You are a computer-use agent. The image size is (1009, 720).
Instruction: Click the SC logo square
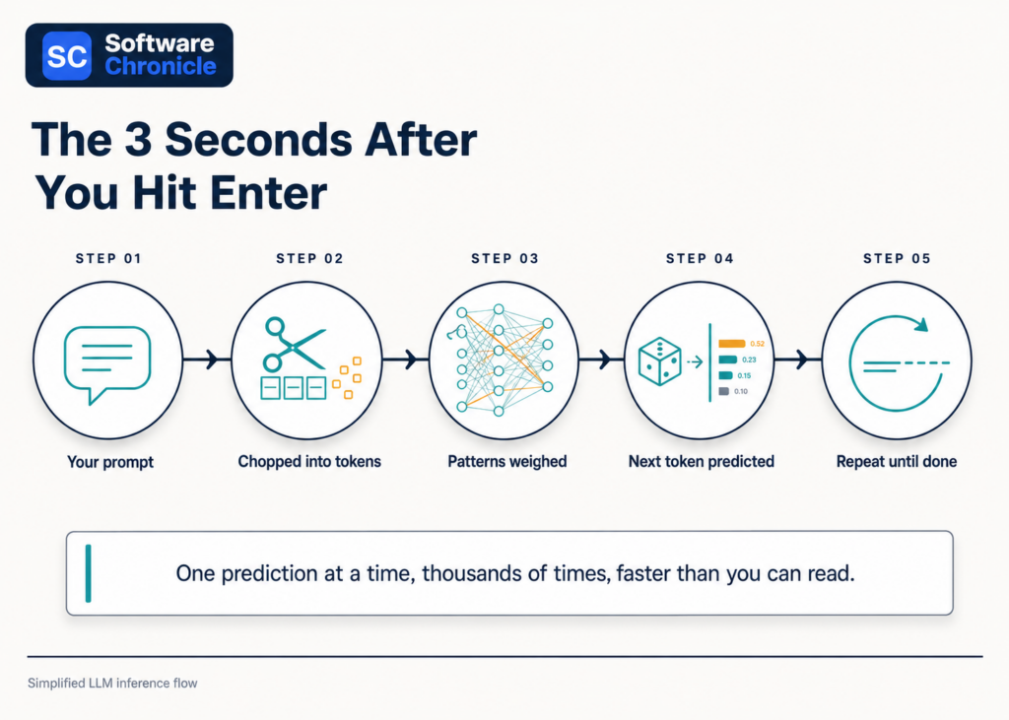point(66,56)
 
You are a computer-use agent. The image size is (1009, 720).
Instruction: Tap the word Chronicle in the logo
point(161,66)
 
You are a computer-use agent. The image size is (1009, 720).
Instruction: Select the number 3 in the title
point(138,140)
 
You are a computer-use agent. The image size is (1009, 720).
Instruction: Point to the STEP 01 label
point(108,259)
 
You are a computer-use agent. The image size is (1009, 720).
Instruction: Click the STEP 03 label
point(504,259)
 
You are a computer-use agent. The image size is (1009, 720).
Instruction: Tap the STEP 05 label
point(897,259)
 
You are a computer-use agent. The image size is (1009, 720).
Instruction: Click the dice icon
point(659,360)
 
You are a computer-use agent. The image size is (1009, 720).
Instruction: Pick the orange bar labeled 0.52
point(732,344)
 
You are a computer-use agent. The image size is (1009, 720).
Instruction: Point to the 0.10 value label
point(741,391)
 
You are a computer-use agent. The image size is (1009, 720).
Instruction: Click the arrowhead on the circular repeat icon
point(921,324)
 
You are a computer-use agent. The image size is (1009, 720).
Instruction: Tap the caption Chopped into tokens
point(309,461)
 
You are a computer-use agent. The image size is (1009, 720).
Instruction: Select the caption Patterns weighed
point(507,461)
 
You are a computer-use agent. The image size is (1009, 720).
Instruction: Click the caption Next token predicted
point(702,461)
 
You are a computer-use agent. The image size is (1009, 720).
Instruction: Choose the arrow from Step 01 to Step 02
point(207,360)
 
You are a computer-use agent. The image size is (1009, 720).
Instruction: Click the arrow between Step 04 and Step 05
point(797,360)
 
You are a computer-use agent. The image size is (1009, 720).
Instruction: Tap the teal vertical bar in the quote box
point(88,573)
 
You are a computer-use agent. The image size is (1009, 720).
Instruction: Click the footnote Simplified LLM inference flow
point(112,684)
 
